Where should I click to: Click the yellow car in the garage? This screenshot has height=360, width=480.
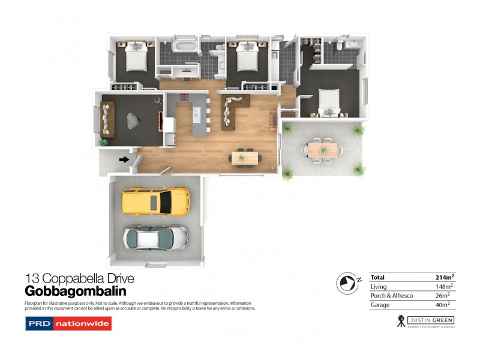coord(155,201)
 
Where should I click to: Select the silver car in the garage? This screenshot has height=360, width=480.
coord(155,238)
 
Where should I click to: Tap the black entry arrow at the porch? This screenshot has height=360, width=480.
coord(124,160)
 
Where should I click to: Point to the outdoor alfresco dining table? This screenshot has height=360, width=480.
coord(323,148)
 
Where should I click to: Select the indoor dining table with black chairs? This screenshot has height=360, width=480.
coord(245,158)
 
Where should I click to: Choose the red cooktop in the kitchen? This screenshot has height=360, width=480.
coord(183,97)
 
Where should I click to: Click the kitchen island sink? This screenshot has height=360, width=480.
coord(196,110)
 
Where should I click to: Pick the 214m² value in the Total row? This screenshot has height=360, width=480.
coord(445,277)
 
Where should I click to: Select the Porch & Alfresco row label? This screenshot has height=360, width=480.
coord(391,295)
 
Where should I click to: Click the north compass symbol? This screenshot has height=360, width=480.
coord(347,281)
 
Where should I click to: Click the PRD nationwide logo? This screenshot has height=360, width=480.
coord(68,324)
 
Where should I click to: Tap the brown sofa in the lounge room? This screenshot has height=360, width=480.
coord(108,118)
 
